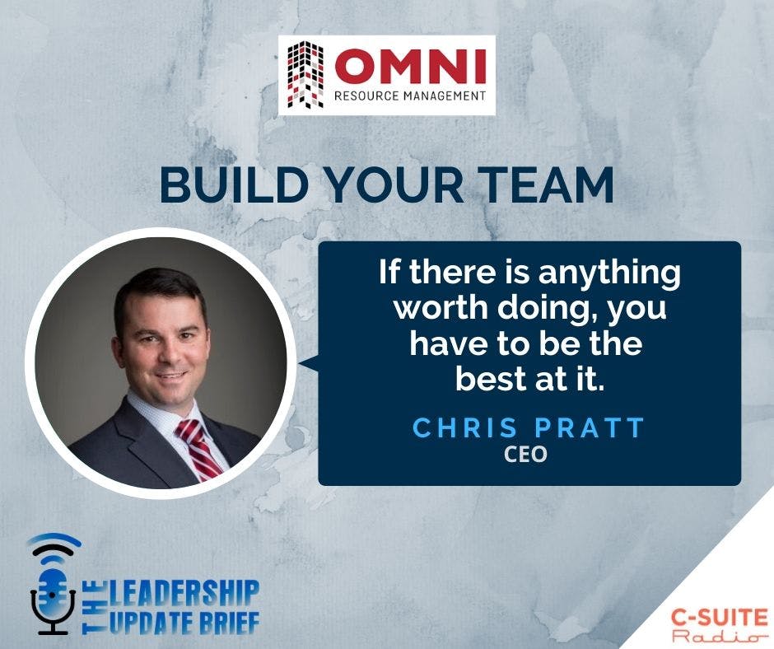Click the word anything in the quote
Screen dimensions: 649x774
coord(600,273)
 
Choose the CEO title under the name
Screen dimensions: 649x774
coord(527,454)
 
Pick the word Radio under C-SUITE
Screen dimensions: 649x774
coord(715,637)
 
